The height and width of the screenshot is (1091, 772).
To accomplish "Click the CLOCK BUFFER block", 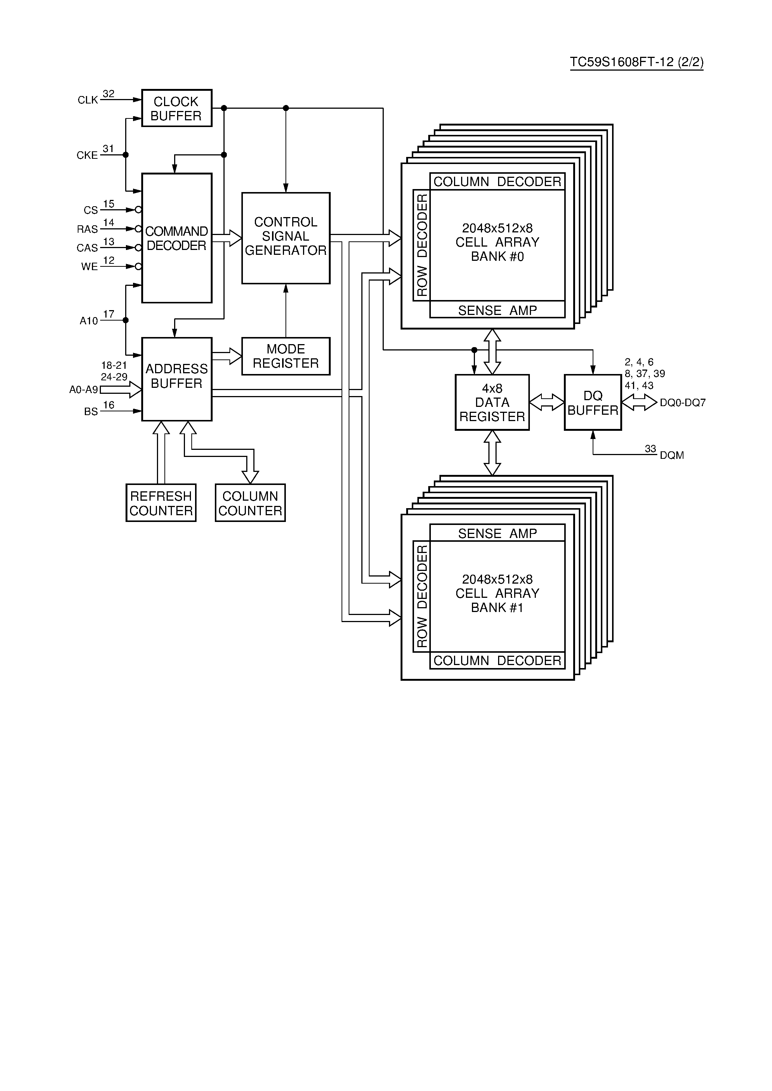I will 176,108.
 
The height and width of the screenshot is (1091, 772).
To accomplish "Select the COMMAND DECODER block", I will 176,238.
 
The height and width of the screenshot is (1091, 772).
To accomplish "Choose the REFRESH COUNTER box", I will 161,503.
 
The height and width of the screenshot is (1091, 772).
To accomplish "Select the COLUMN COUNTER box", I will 250,503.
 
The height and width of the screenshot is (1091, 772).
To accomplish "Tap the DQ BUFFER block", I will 592,402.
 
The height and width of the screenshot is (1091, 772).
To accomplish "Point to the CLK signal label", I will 87,100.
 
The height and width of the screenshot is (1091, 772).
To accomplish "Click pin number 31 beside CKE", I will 108,149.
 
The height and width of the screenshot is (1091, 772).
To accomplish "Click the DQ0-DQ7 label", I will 682,402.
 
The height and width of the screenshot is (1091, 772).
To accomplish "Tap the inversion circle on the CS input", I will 138,210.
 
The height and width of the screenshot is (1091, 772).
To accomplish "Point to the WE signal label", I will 89,266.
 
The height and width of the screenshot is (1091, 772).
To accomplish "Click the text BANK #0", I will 497,257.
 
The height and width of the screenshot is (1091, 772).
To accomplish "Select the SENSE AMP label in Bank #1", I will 497,534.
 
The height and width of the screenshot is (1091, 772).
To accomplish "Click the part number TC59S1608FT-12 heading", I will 636,62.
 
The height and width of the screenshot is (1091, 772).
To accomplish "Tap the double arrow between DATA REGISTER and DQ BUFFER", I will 547,402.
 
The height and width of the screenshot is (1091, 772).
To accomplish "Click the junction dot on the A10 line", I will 126,320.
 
